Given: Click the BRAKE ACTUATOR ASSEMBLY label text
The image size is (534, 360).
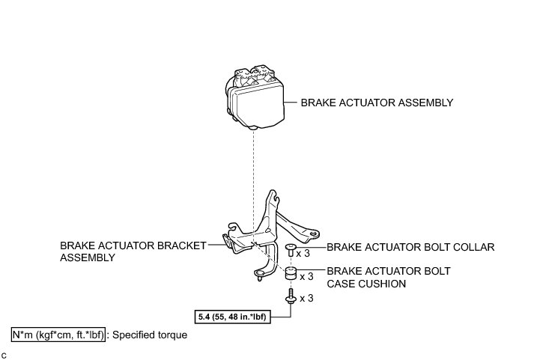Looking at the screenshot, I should click(377, 103).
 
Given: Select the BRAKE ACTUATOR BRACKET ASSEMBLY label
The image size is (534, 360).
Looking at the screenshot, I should click(133, 251).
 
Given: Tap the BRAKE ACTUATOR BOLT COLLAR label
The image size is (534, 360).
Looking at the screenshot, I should click(411, 246).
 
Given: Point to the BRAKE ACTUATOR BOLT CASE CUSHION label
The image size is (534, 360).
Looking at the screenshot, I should click(388, 278).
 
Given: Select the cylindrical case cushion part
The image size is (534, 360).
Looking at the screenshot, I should click(290, 275).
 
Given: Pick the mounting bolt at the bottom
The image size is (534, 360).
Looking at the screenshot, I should click(290, 299).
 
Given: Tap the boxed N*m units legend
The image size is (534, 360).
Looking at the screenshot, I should click(58, 335).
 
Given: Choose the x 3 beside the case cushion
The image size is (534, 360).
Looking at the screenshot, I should click(306, 276).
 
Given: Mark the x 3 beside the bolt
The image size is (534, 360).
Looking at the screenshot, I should click(306, 299).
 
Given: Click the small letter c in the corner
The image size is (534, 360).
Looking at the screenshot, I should click(4, 353).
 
